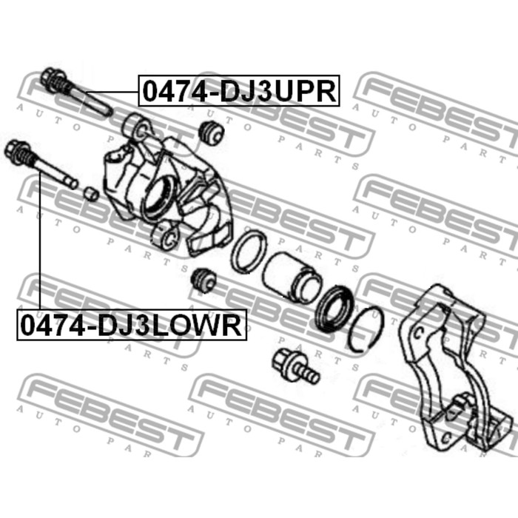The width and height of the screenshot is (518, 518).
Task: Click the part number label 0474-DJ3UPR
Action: tap(239, 91)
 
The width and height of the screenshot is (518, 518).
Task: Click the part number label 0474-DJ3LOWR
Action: tap(132, 325)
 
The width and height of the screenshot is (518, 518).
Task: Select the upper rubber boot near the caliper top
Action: tap(212, 132)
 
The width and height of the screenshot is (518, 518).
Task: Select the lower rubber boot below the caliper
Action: tap(203, 280)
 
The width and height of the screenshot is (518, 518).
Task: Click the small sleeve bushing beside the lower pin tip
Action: tap(90, 194)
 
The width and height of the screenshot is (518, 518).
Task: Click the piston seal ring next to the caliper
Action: tap(249, 252)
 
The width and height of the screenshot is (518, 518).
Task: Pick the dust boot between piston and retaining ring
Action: tap(334, 309)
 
